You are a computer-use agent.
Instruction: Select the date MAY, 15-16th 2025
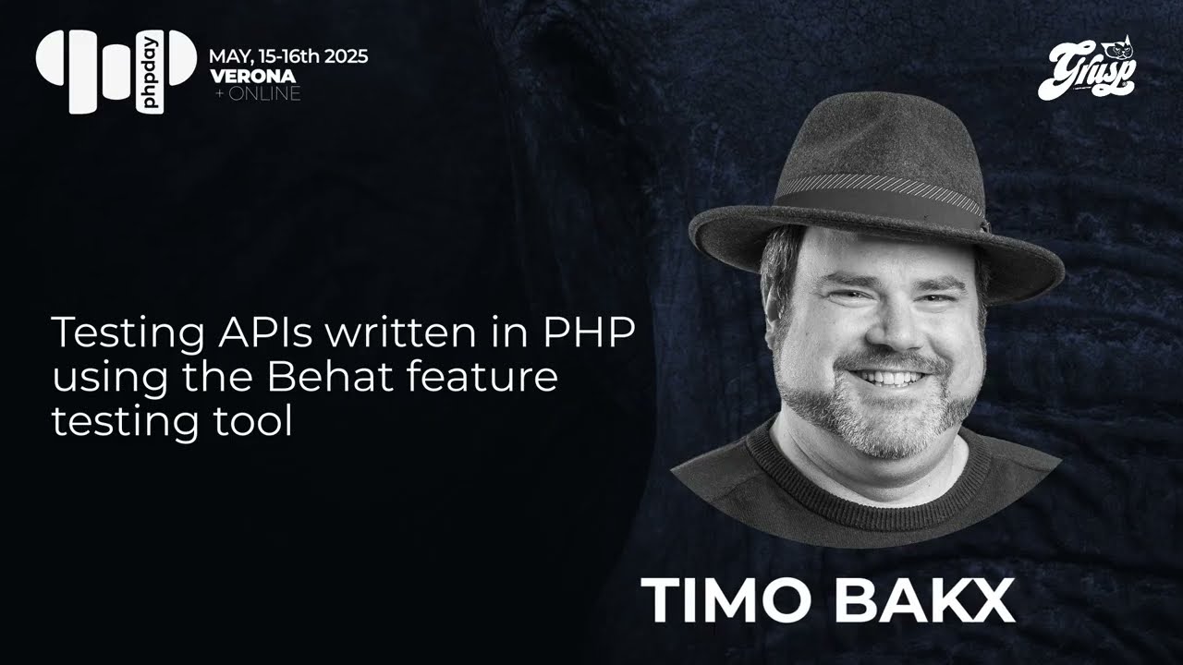coord(288,56)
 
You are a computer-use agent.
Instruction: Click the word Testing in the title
coord(117,332)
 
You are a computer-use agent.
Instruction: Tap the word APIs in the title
coord(255,332)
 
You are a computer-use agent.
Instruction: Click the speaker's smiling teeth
coord(890,378)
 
